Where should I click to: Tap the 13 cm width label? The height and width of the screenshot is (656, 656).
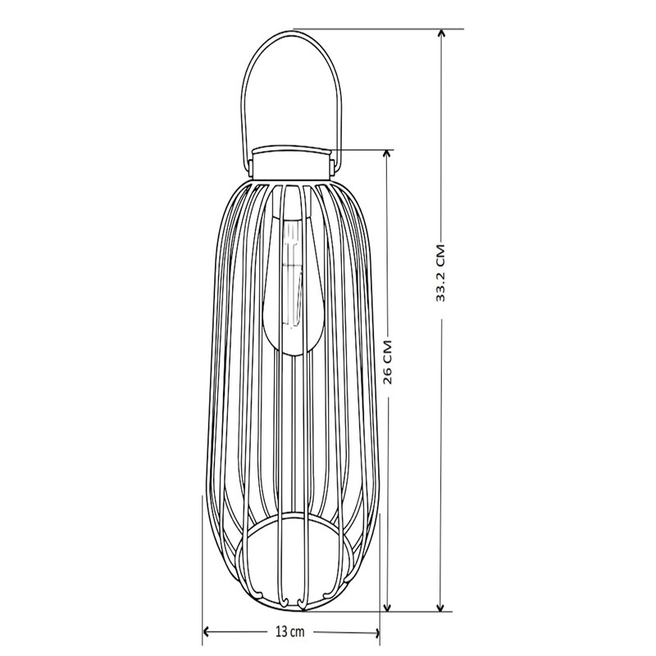290,631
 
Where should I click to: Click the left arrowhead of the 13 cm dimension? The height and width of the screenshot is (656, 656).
207,631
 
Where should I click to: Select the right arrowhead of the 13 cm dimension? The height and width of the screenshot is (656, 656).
376,631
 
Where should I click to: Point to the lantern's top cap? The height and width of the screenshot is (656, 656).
291,162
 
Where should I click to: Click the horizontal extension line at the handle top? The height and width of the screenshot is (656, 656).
377,29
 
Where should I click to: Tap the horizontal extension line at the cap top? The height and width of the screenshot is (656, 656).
361,149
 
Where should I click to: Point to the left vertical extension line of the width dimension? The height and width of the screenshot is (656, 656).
202,566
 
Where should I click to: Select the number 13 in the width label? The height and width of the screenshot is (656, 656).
281,631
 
